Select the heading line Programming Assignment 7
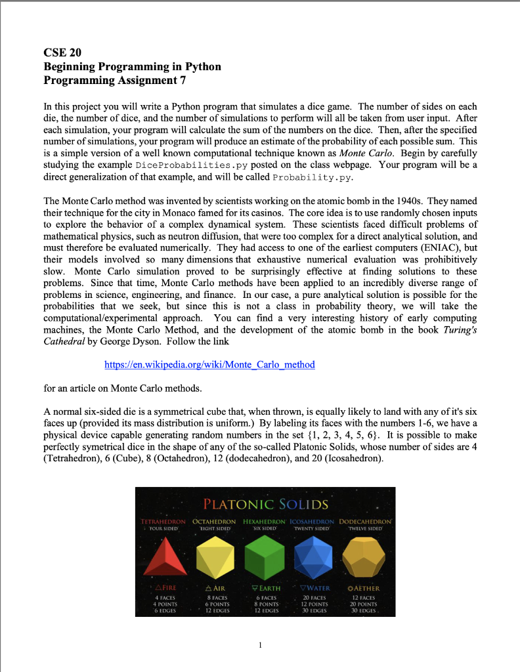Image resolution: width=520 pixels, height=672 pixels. (114, 80)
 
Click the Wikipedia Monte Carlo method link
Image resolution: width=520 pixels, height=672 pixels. (209, 364)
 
